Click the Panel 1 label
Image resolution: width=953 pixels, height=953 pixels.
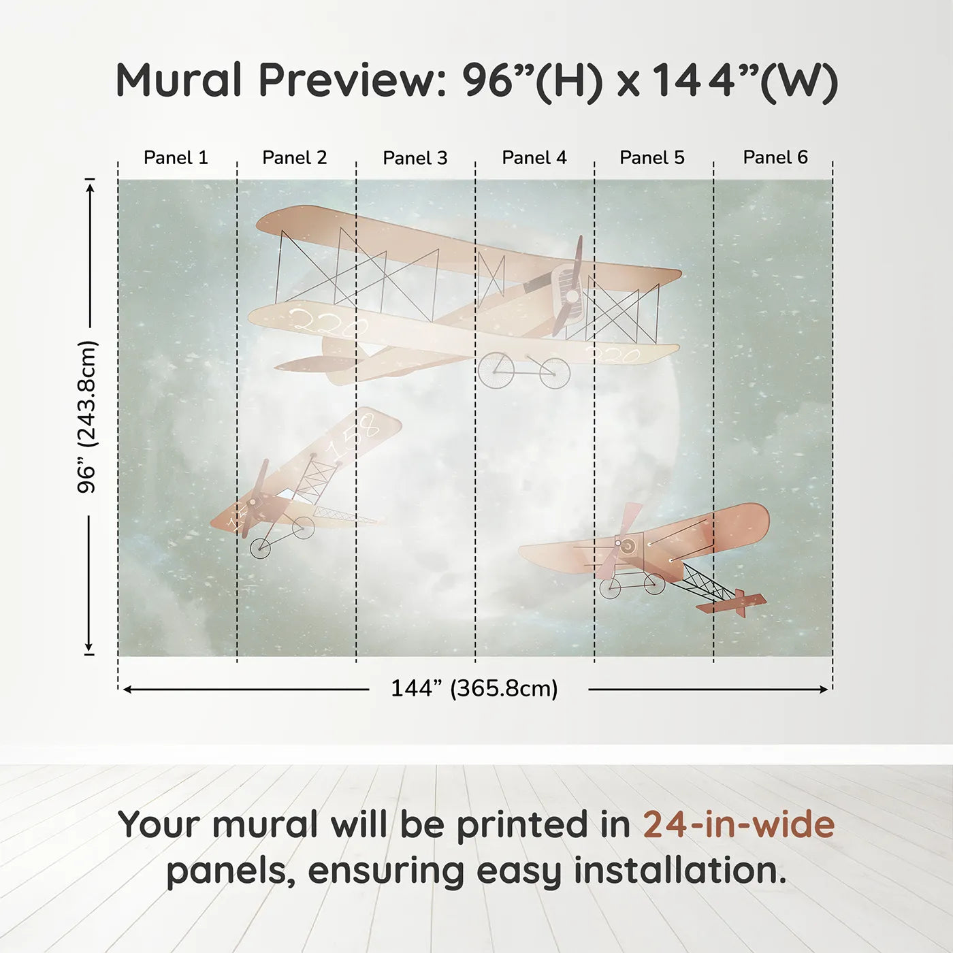coord(176,158)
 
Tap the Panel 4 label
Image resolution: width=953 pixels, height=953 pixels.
coord(534,158)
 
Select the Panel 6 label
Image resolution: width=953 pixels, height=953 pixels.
coord(775,158)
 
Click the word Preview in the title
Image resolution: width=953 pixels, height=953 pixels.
coord(353,80)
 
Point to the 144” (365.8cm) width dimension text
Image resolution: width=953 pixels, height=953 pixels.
coord(474,689)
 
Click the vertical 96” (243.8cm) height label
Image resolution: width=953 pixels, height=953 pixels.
coord(87,417)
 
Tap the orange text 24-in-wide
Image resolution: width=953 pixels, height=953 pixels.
coord(739,825)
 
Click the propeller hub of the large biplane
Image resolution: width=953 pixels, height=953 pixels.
coord(572,296)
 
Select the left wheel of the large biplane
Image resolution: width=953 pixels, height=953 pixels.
coord(496,370)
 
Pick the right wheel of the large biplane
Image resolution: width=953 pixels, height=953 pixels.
coord(555,373)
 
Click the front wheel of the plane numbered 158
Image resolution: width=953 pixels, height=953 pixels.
coord(260,547)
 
